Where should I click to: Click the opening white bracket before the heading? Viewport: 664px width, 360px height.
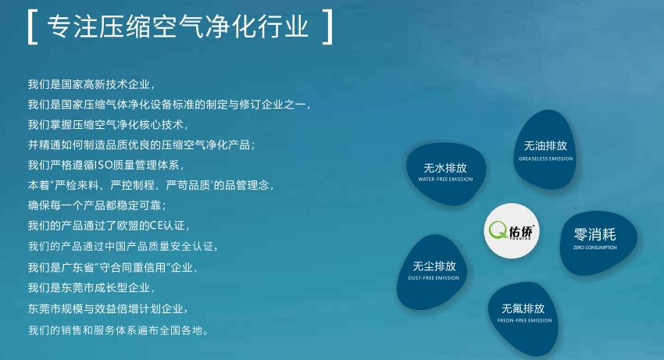click(x=30, y=27)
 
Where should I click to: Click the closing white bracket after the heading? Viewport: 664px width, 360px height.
click(x=330, y=27)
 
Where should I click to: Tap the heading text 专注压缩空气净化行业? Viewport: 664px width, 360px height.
click(x=178, y=27)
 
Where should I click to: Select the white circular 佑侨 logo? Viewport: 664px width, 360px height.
click(x=512, y=231)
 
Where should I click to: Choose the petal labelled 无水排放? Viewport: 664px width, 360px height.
click(x=445, y=173)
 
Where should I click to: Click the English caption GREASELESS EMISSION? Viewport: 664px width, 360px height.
click(x=545, y=159)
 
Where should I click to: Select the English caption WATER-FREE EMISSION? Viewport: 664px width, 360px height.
click(x=445, y=179)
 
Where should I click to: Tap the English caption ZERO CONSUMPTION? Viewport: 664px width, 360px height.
click(x=595, y=248)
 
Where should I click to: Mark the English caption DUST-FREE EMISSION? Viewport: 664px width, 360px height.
click(x=434, y=278)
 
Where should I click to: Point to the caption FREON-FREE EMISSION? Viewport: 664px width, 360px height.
click(x=524, y=321)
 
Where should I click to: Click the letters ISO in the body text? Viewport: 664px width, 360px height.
click(x=103, y=165)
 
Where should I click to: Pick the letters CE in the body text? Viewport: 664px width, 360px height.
click(x=156, y=226)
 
